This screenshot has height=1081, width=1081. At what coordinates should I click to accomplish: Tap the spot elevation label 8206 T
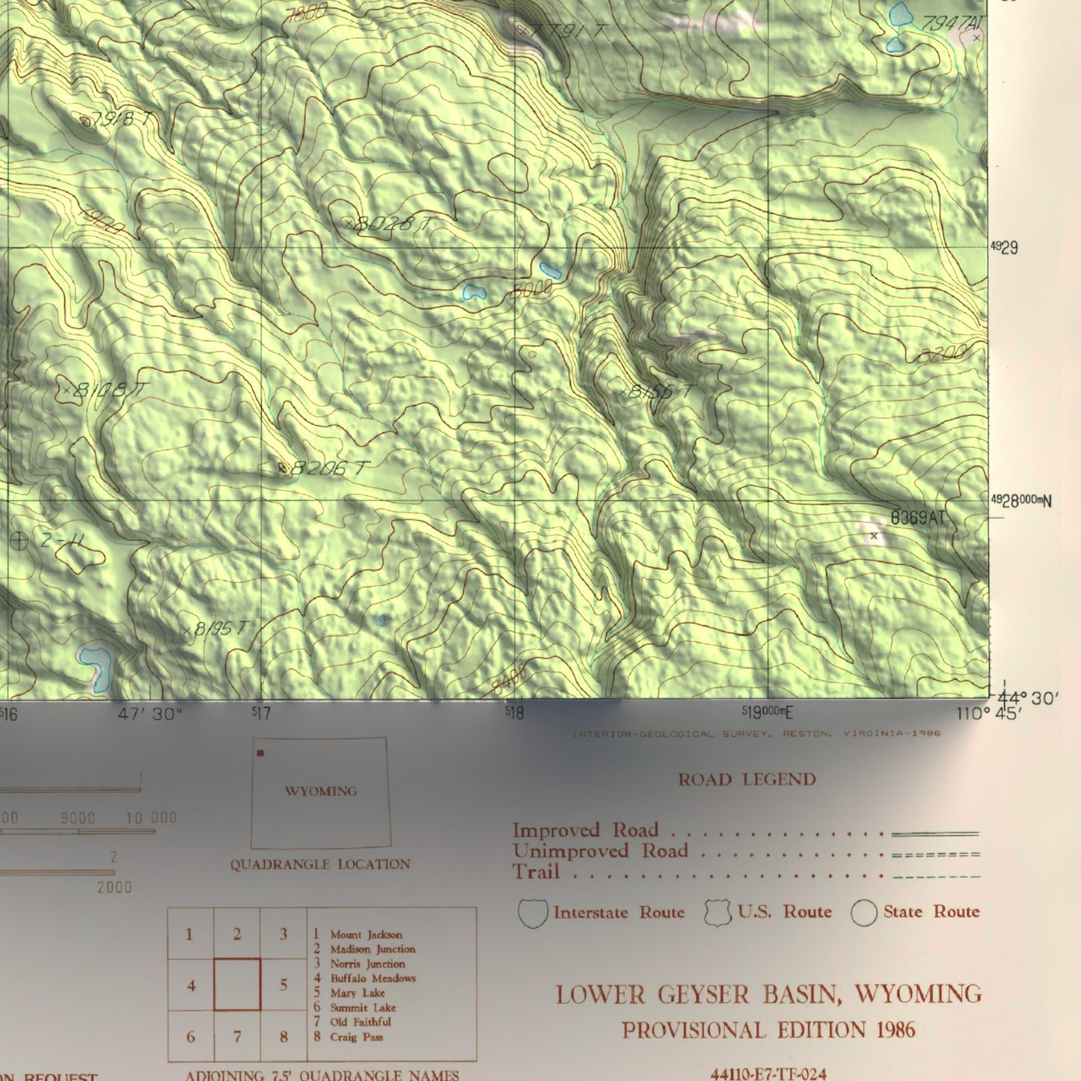pos(329,468)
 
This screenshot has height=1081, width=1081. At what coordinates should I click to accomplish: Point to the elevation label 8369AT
pos(918,518)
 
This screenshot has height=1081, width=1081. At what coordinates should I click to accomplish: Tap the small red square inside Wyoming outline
pos(260,753)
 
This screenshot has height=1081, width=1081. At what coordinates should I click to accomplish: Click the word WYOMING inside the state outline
pos(320,791)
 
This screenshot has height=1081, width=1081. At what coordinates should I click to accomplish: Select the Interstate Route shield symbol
pos(533,913)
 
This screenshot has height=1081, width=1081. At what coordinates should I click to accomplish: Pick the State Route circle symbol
pos(864,913)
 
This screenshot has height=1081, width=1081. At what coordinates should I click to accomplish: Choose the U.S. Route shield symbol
pos(718,913)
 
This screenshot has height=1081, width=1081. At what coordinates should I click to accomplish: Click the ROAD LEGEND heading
pos(747,780)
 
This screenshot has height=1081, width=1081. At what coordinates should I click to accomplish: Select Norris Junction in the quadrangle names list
pos(367,964)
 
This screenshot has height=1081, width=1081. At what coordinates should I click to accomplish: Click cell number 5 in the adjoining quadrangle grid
pos(284,984)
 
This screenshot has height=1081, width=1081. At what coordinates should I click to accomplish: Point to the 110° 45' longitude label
pos(987,714)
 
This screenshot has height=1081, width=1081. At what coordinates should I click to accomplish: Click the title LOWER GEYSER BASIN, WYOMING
pos(768,994)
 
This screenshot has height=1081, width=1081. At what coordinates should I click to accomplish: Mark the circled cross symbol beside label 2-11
pos(19,540)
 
